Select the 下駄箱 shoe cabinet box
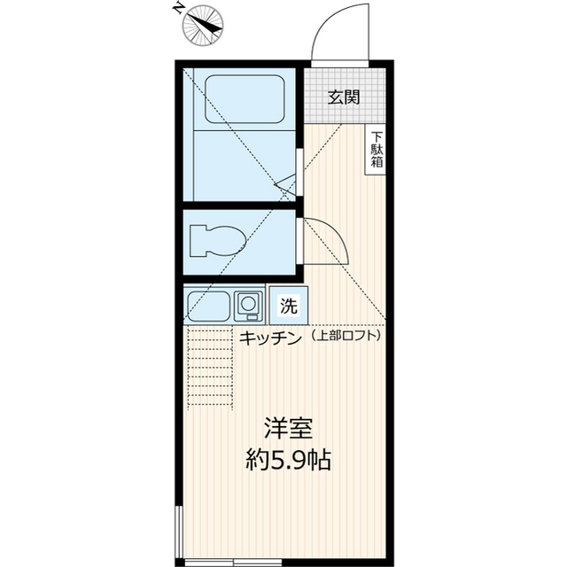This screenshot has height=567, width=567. tap(377, 151)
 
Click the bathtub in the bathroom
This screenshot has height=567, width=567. tap(243, 99)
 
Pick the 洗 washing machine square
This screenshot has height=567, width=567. tap(288, 307)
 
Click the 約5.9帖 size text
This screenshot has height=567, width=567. tap(289, 460)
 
